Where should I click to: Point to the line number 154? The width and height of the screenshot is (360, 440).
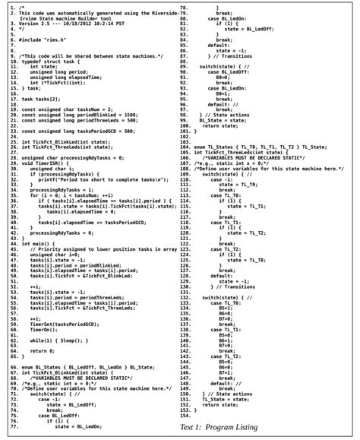point(183,416)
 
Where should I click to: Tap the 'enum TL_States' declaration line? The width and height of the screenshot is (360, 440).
point(250,146)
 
